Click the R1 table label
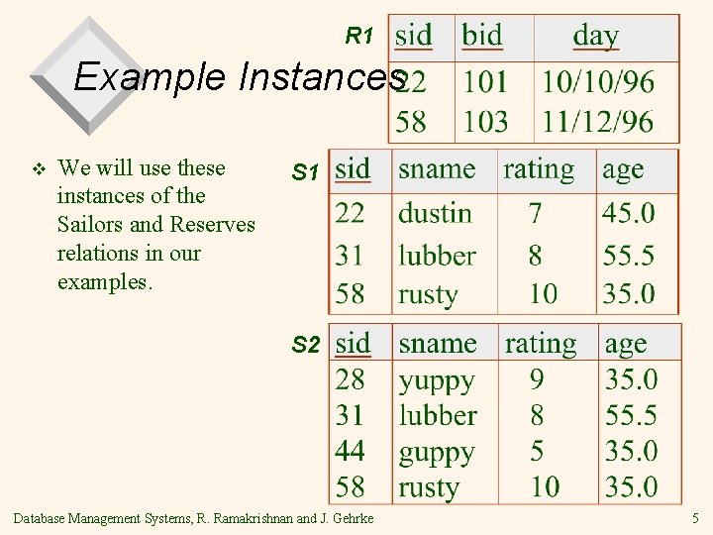(x=358, y=37)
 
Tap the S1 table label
(x=305, y=173)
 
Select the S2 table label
(x=305, y=346)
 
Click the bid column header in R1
(x=482, y=36)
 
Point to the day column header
(x=595, y=36)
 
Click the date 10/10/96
(x=597, y=81)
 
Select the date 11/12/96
(x=597, y=122)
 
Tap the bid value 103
(x=485, y=122)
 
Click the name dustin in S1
(x=435, y=213)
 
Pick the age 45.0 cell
(x=629, y=213)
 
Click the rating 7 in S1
(x=535, y=213)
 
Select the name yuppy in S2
(x=437, y=380)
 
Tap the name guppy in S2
(x=437, y=453)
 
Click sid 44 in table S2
(x=350, y=452)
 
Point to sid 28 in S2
(x=350, y=379)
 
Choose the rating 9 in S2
(x=537, y=379)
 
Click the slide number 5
(x=695, y=517)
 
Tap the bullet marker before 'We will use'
(x=39, y=168)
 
